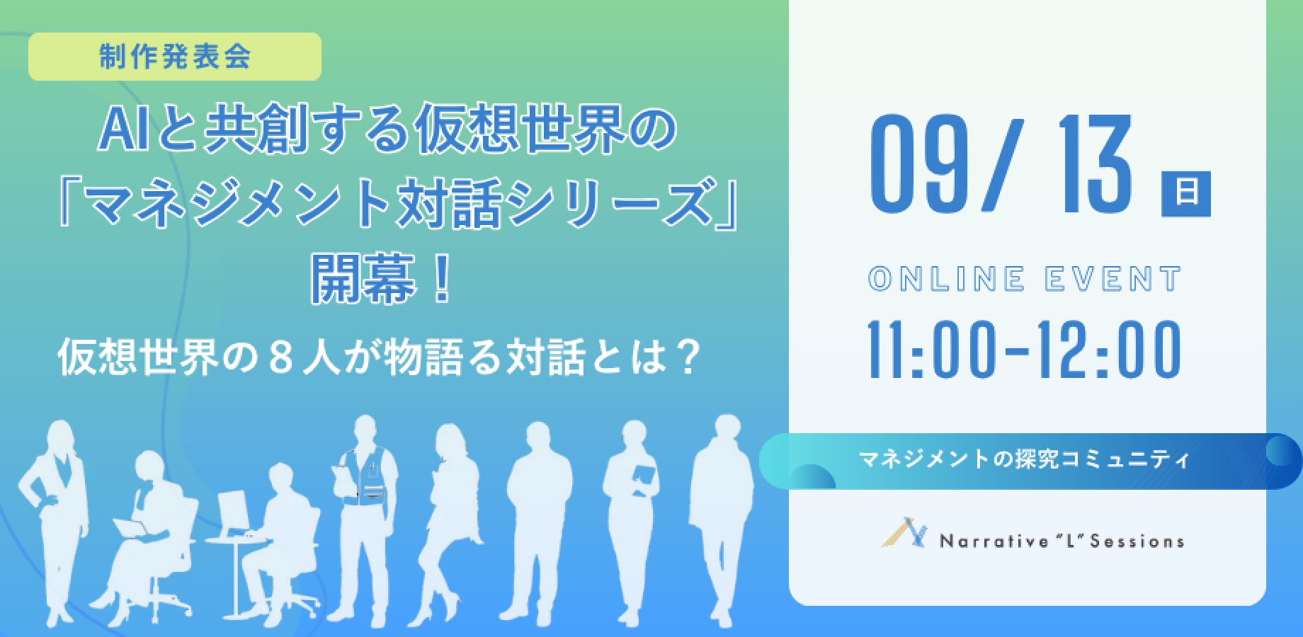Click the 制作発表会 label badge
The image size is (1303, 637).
tap(174, 57)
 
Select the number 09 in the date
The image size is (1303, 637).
tap(914, 166)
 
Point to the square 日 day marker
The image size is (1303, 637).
tap(1186, 193)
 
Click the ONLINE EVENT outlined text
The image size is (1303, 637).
tap(1024, 279)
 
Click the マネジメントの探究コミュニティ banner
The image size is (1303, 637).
tap(1030, 461)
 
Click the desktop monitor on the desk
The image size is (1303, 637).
tap(233, 513)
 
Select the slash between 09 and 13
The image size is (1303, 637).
tap(996, 166)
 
